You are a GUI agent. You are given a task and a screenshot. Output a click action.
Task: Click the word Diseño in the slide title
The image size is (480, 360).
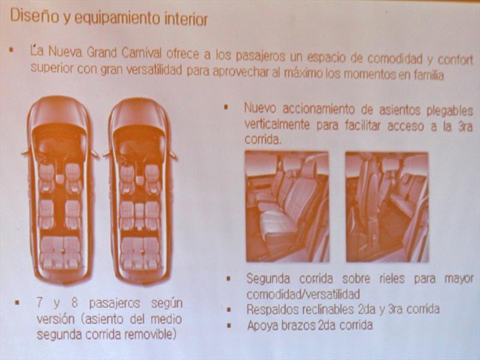click(34, 16)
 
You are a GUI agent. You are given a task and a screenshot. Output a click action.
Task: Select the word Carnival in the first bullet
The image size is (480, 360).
click(142, 53)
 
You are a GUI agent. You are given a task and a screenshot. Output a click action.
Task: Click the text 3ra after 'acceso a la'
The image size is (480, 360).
click(466, 126)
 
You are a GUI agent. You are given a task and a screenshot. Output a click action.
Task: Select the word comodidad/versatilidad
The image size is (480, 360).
click(303, 294)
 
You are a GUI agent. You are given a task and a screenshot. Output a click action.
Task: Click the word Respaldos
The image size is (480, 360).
click(272, 310)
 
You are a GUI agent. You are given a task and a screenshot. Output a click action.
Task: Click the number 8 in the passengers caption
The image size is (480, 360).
click(74, 303)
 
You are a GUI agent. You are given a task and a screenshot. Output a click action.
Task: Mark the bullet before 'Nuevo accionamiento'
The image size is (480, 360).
click(226, 107)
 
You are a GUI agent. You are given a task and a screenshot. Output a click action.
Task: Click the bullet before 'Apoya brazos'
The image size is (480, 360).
click(229, 325)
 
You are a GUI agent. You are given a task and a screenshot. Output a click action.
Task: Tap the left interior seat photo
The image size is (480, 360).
click(287, 206)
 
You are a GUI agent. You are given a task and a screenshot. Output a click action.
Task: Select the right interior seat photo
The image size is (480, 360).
click(387, 207)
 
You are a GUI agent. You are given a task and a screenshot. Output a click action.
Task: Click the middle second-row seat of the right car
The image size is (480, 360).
click(140, 215)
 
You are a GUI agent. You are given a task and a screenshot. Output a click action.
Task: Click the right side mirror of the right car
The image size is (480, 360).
click(173, 155)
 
